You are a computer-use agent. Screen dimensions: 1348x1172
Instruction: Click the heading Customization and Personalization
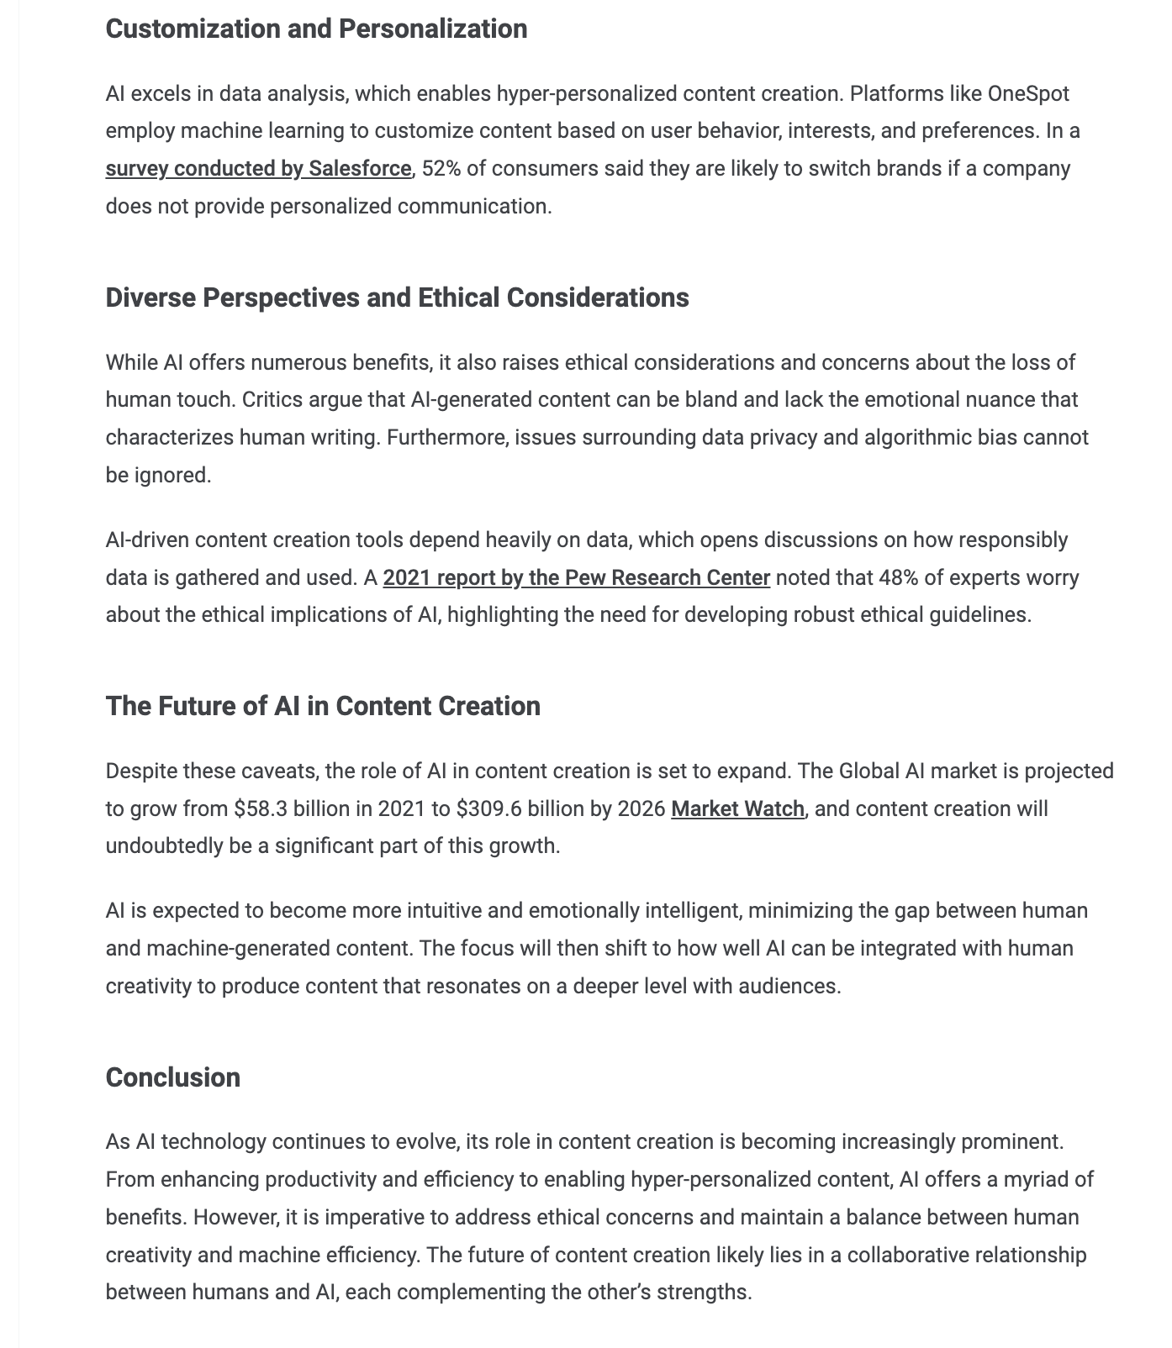(x=316, y=29)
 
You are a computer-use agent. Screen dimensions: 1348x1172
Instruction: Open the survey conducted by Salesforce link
(x=258, y=169)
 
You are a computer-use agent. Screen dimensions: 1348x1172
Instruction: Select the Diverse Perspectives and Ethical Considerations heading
(x=397, y=298)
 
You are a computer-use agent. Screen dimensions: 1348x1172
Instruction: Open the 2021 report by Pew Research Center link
(x=576, y=578)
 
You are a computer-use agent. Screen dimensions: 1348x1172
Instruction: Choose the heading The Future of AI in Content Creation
(x=323, y=706)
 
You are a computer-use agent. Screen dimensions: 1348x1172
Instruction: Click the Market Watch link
(x=737, y=809)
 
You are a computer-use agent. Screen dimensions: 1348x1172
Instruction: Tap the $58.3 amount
(x=259, y=809)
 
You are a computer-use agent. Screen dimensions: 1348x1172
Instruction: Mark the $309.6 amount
(x=488, y=809)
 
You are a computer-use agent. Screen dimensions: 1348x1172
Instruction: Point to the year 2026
(x=641, y=809)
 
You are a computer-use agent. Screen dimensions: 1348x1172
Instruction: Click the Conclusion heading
(x=173, y=1077)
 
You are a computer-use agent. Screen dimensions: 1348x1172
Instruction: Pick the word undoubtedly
(x=164, y=846)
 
